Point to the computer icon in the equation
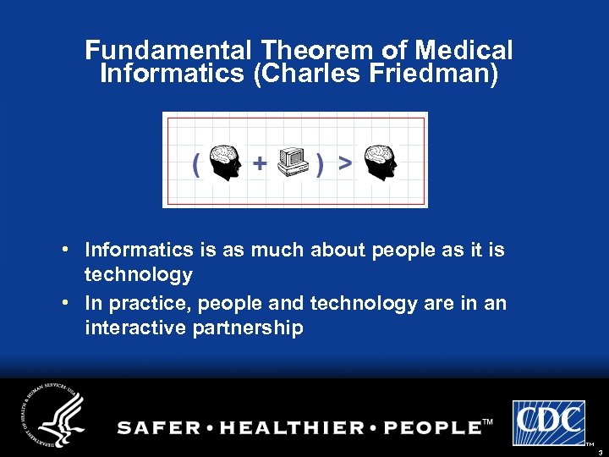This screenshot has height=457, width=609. pyautogui.click(x=293, y=162)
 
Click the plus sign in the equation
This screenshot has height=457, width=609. pyautogui.click(x=260, y=162)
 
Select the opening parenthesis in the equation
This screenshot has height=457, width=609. pyautogui.click(x=196, y=163)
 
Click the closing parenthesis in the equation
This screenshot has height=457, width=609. pyautogui.click(x=320, y=164)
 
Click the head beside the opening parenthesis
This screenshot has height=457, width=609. pyautogui.click(x=225, y=162)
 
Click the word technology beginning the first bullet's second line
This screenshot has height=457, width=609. pyautogui.click(x=138, y=274)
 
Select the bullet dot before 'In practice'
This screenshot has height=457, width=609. pyautogui.click(x=66, y=303)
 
